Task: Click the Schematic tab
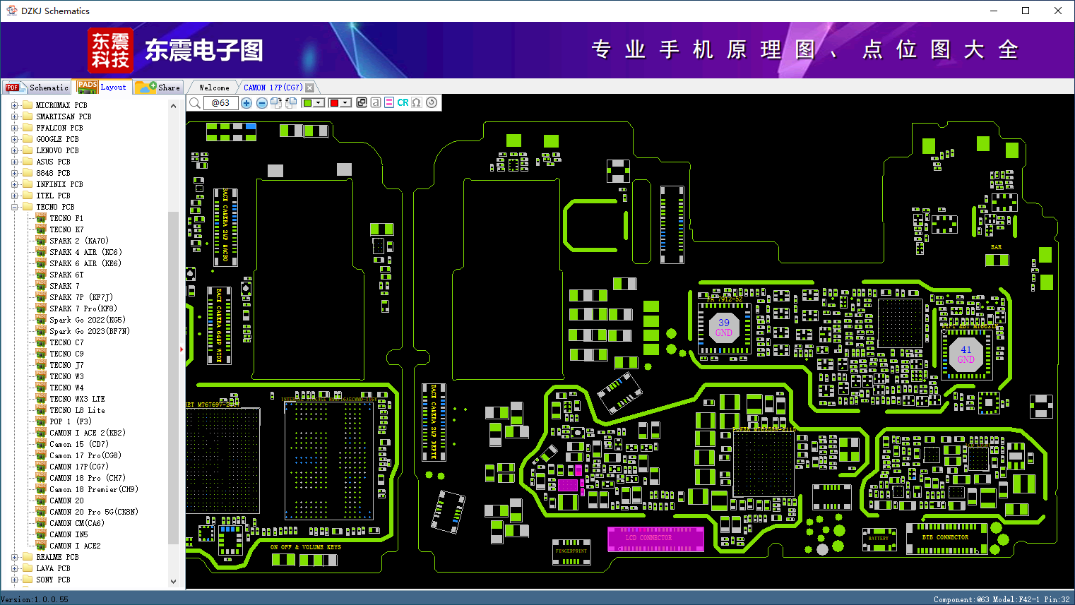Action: (x=48, y=88)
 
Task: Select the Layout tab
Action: (x=112, y=87)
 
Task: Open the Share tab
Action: (x=168, y=88)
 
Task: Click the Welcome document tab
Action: (x=214, y=88)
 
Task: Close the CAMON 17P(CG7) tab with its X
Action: (x=309, y=88)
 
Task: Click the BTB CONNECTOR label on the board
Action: (x=945, y=537)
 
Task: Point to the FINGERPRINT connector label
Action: (x=571, y=551)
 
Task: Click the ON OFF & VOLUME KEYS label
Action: (x=305, y=547)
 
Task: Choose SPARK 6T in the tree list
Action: (x=66, y=275)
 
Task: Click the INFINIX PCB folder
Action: (x=59, y=184)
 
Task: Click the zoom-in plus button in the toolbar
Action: (x=247, y=103)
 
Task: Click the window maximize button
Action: (x=1026, y=11)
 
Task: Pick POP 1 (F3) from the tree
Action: (x=70, y=421)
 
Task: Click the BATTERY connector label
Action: (x=878, y=539)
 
